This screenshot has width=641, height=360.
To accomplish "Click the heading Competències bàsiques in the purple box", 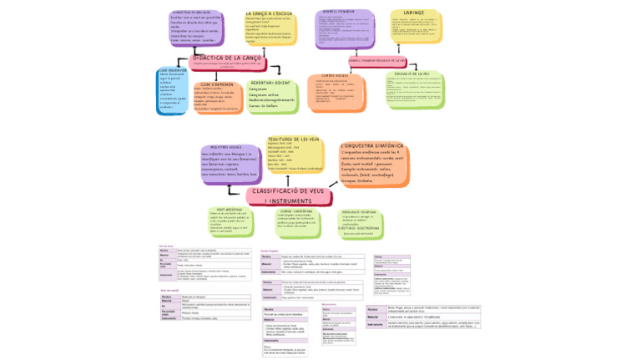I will (191, 13).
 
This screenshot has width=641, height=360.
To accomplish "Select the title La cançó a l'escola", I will (270, 14).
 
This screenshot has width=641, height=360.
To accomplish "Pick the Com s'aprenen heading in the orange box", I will (216, 84).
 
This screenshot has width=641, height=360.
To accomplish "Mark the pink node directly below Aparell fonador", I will (376, 61).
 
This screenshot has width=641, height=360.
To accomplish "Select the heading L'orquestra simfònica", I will (371, 146).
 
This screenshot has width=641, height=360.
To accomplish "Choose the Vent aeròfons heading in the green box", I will (229, 210).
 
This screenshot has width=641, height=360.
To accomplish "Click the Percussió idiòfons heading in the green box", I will (359, 211).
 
